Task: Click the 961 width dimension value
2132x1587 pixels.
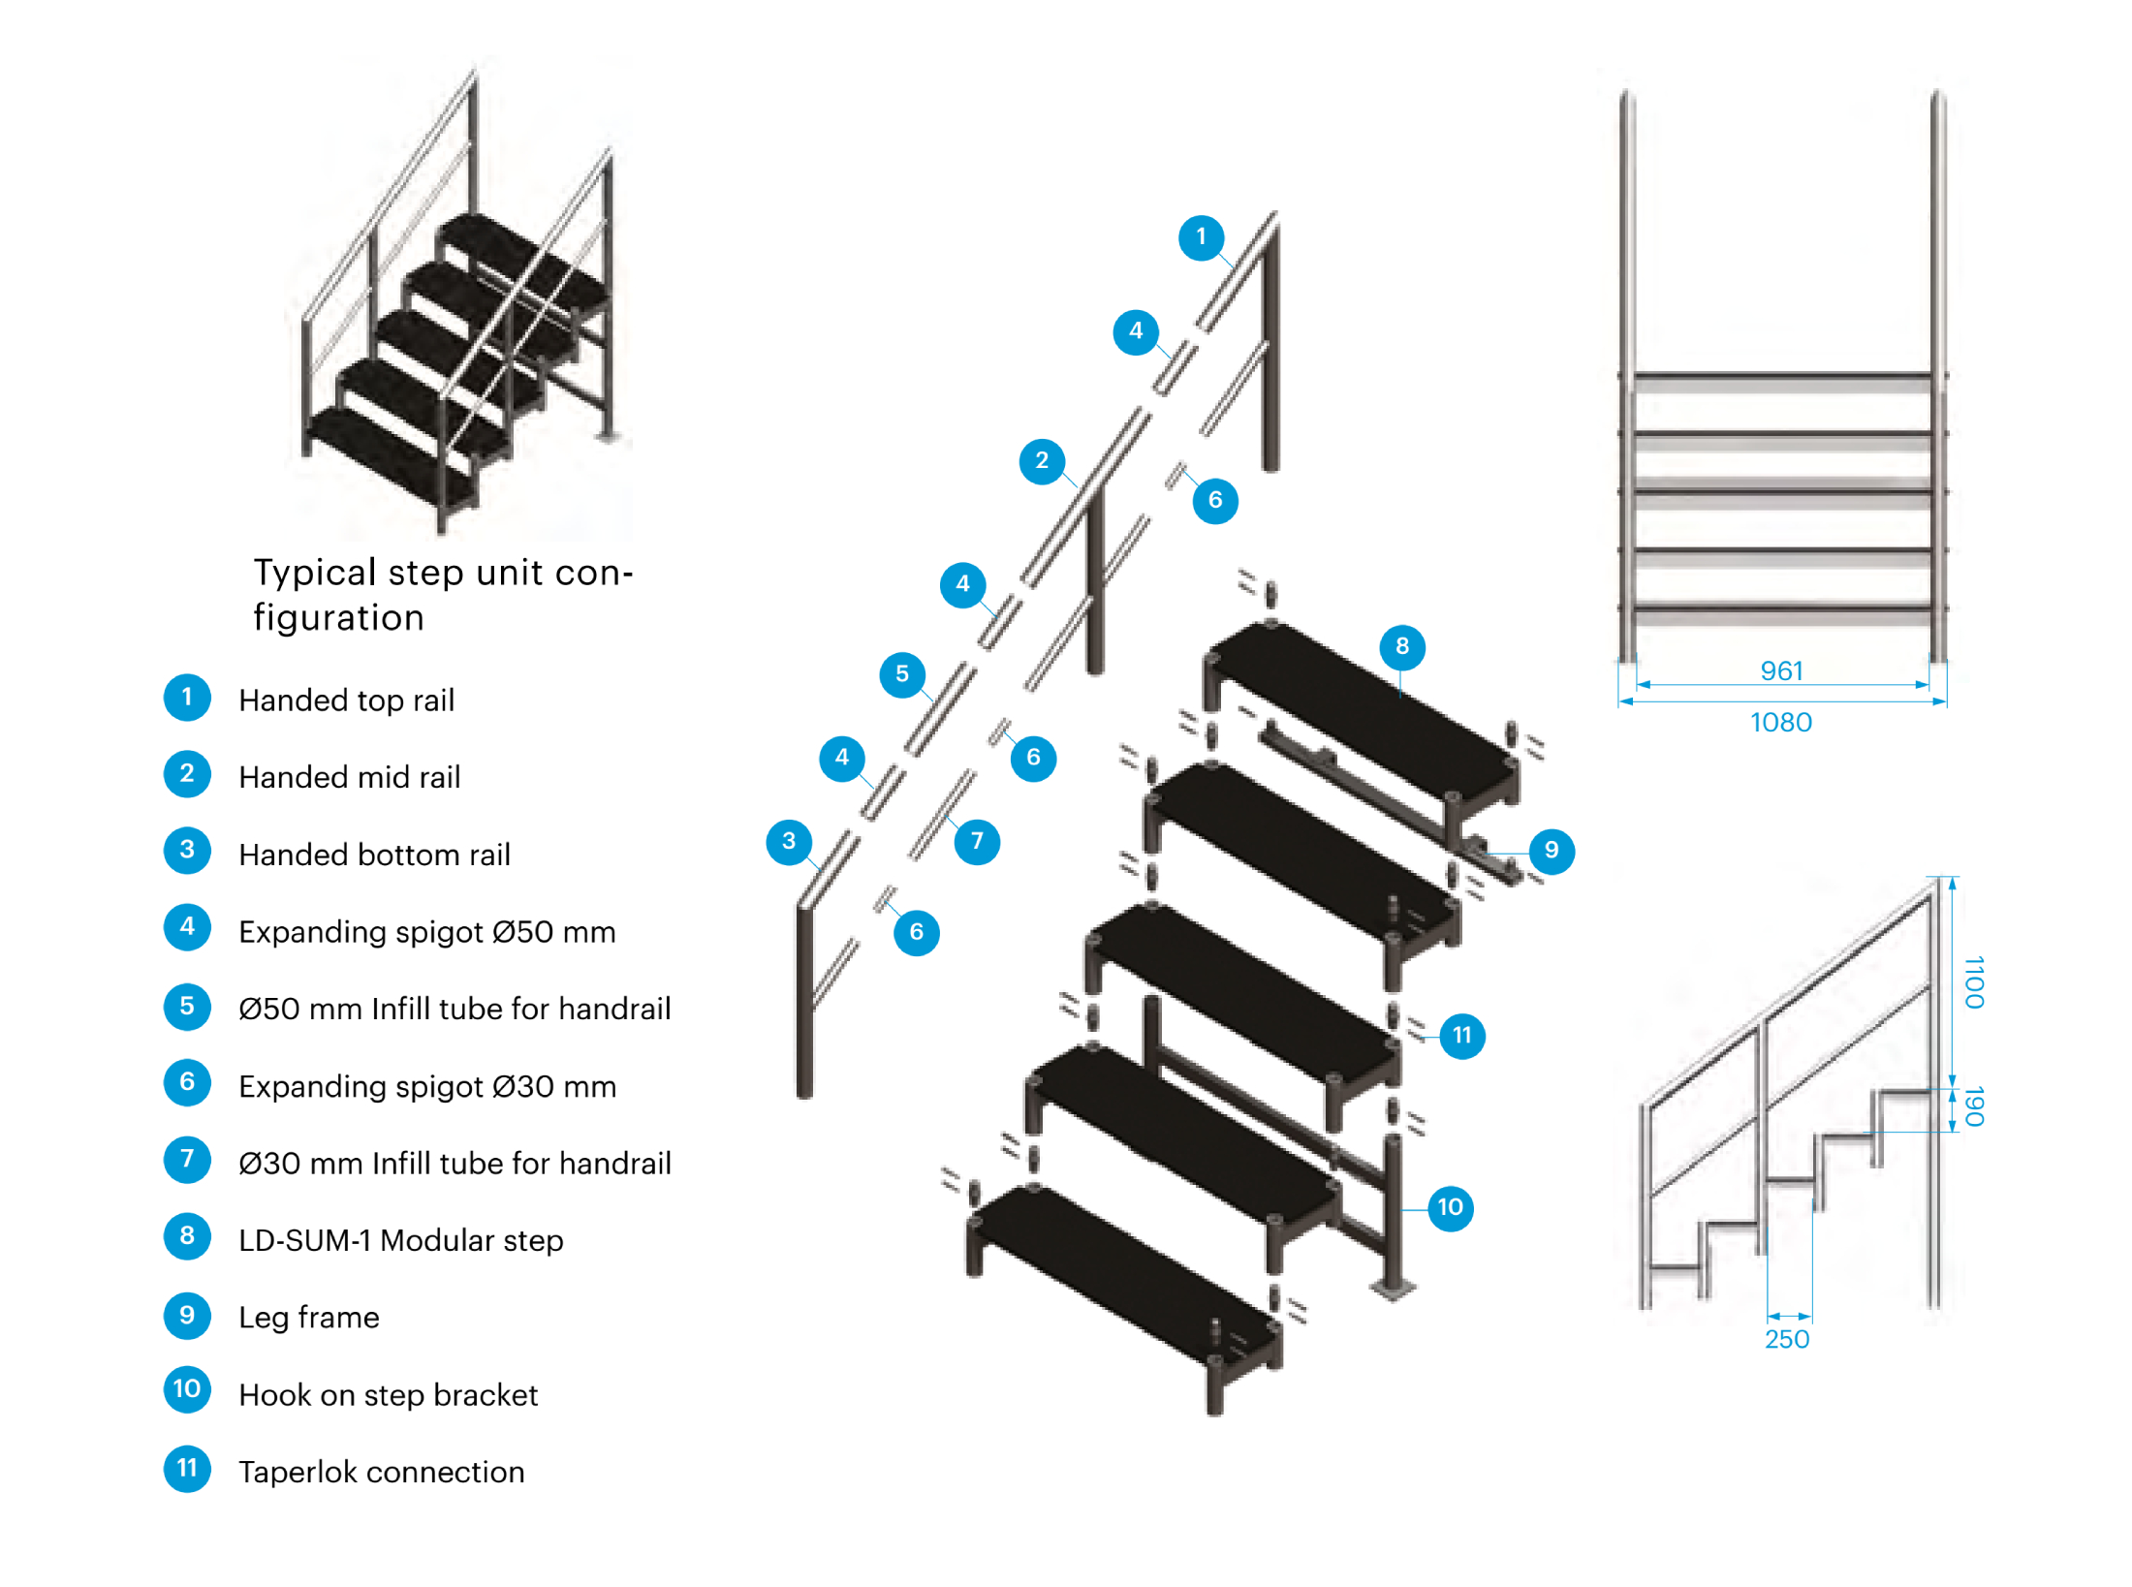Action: coord(1780,670)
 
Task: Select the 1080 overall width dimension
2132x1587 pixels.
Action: coord(1780,722)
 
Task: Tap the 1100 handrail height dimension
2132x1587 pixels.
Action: coord(1972,980)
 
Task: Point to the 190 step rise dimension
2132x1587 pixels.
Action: coord(1972,1105)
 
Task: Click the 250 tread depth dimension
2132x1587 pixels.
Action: coord(1786,1339)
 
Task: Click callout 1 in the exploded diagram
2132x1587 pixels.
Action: coord(1201,237)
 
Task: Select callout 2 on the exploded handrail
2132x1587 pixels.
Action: coord(1042,461)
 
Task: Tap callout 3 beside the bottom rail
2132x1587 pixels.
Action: coord(789,841)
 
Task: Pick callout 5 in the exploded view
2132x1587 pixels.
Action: coord(902,674)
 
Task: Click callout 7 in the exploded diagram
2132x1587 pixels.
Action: coord(977,841)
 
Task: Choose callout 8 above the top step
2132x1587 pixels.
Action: coord(1401,646)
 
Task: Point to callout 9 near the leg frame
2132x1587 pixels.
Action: coord(1551,851)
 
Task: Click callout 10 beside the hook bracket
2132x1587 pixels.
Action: coord(1450,1207)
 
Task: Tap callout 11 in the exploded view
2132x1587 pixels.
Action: coord(1461,1036)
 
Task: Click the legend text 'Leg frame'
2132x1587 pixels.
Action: coord(309,1318)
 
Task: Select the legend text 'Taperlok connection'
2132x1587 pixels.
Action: coord(381,1472)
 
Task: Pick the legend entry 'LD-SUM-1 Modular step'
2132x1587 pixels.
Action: coord(400,1240)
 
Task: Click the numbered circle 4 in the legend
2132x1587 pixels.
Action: coord(187,927)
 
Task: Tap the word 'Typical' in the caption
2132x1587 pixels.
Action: coord(314,574)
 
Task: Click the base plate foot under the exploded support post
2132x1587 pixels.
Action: coord(1393,1289)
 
